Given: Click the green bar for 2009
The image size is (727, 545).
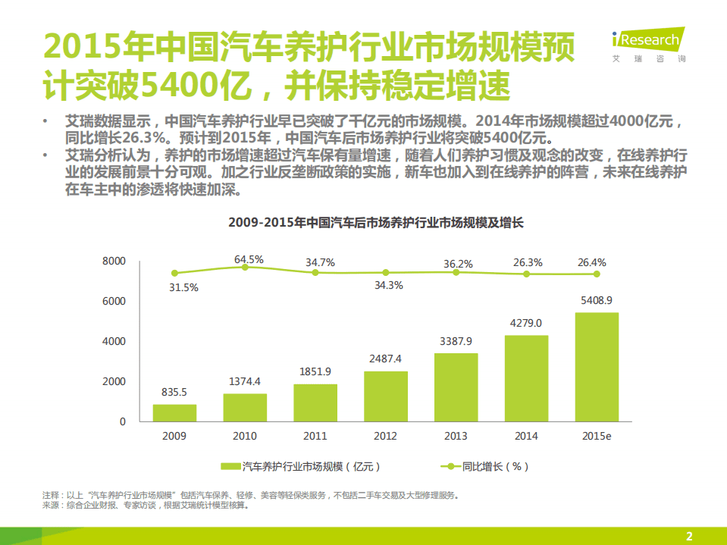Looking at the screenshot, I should click(x=174, y=412).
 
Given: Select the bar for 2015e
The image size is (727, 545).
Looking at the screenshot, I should click(x=596, y=367).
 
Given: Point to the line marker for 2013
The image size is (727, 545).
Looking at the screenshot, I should click(x=456, y=273).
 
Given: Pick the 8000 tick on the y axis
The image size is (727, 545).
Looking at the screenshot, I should click(x=113, y=261).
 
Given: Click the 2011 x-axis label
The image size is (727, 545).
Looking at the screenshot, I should click(x=315, y=436).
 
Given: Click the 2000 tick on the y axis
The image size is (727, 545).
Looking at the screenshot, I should click(x=113, y=381).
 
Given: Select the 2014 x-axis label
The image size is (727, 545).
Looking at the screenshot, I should click(x=525, y=436).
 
